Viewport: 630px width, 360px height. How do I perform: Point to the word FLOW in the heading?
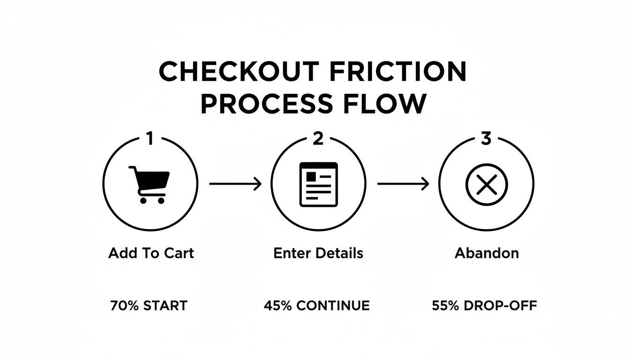click(x=391, y=104)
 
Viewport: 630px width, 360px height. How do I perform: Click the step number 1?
click(x=150, y=139)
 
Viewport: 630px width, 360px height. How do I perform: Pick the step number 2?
click(x=318, y=139)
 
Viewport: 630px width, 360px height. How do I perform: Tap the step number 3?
click(x=486, y=139)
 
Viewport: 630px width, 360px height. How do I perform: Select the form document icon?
click(x=318, y=184)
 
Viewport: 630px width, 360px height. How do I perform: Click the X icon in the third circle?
click(x=486, y=184)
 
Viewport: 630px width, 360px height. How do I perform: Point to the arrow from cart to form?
click(x=235, y=184)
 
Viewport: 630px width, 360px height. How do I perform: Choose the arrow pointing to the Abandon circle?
click(x=403, y=184)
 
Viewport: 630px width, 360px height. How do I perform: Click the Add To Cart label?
click(x=151, y=254)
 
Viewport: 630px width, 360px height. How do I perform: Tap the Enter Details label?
click(x=318, y=254)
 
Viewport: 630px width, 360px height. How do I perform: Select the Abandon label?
click(x=487, y=254)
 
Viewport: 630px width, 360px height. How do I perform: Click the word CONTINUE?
click(x=333, y=306)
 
